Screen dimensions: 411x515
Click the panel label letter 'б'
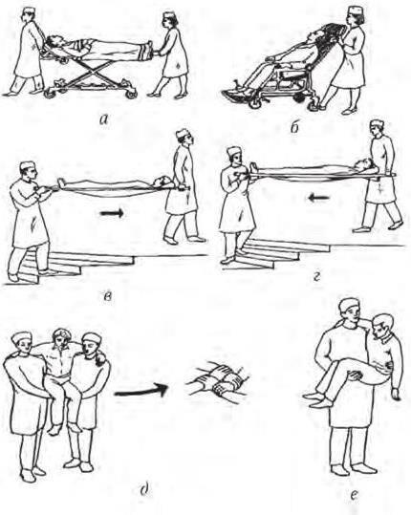[294, 126]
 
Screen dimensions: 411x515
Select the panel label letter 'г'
[316, 277]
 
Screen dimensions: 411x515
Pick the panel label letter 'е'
[354, 494]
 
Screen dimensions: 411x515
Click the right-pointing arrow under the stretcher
[112, 213]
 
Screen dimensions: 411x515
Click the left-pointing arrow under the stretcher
[318, 198]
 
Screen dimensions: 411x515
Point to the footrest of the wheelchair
[237, 95]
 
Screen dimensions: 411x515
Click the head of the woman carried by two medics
[60, 337]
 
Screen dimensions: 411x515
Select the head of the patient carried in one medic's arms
[381, 325]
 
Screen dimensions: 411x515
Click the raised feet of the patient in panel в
[60, 183]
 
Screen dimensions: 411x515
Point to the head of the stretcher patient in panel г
[365, 162]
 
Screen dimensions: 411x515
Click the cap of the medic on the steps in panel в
[27, 165]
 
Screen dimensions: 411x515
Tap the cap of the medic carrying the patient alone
[350, 305]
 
